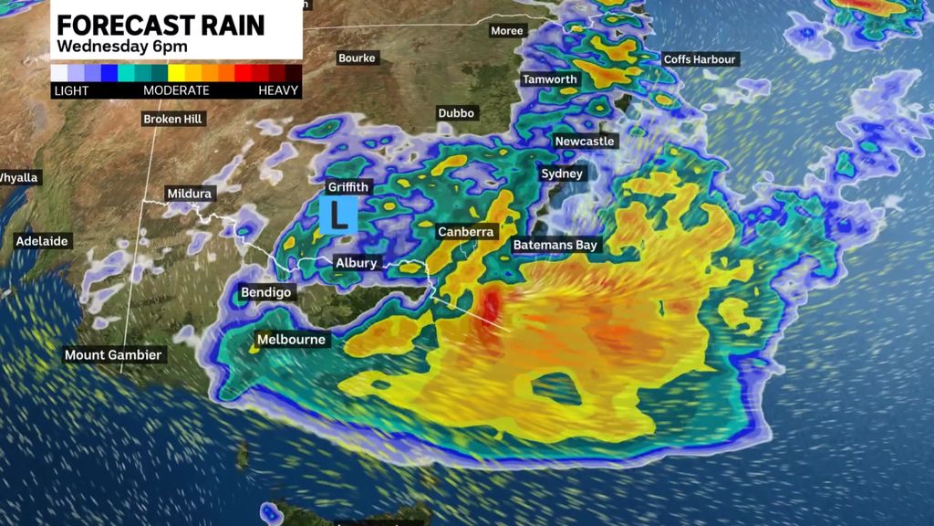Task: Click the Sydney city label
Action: coord(562,174)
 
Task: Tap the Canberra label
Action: coord(466,232)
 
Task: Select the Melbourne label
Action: coord(291,340)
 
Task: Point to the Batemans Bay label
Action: coord(555,245)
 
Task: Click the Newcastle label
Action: coord(585,142)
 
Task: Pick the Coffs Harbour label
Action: coord(700,59)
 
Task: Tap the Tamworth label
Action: coord(550,79)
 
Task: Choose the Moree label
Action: coord(507,31)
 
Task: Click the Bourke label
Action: coord(357,58)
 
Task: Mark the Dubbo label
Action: coord(456,113)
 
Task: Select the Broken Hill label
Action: coord(174,119)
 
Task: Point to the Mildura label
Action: coord(190,194)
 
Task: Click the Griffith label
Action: coord(348,187)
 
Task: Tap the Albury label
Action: coord(356,263)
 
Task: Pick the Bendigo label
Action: coord(265,292)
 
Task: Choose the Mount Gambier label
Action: coord(113,354)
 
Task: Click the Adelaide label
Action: coord(42,242)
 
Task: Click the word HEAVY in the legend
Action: coord(278,90)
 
